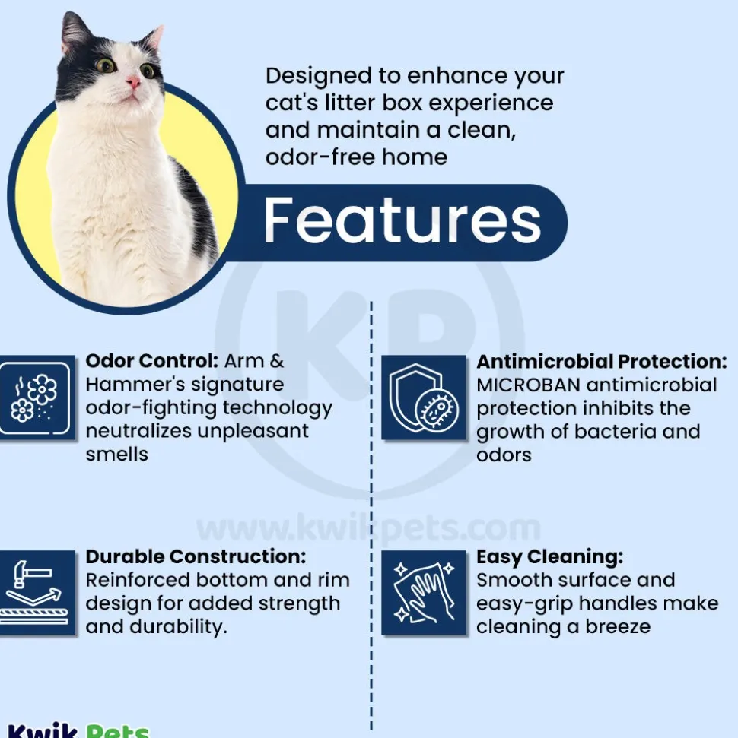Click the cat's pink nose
point(133,84)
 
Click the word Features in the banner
point(402,220)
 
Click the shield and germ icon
point(424,398)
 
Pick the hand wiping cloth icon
point(424,592)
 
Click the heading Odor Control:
point(151,361)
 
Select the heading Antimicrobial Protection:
point(602,362)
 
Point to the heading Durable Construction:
point(196,556)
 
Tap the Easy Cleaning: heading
point(550,557)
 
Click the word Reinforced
point(137,580)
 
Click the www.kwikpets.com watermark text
point(368,528)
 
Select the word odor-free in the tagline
point(320,157)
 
